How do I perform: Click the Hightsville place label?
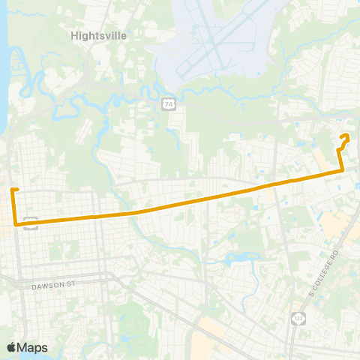pos(98,34)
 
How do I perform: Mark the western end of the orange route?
pos(13,189)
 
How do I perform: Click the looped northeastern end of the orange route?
pos(346,136)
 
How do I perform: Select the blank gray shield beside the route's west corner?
pos(30,222)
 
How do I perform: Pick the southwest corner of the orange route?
pos(16,223)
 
